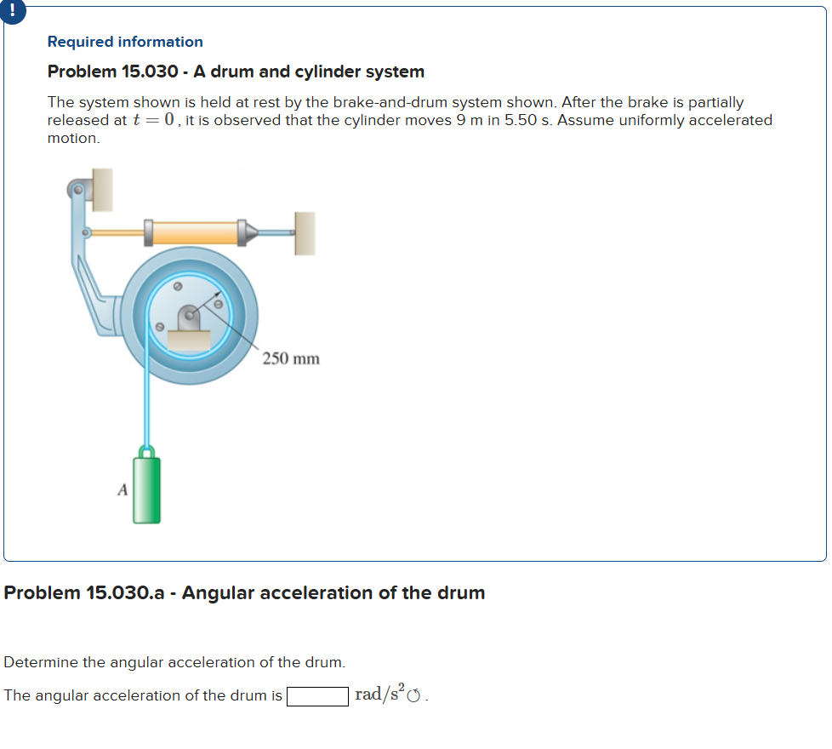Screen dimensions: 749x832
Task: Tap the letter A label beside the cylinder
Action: coord(123,489)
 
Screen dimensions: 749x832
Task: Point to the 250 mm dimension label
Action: coord(291,358)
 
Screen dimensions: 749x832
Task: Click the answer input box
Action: coord(317,696)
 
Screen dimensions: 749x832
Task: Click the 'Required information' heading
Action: coord(125,42)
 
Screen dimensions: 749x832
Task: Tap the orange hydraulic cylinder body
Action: coord(195,232)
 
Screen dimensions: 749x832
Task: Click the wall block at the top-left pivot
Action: coord(102,190)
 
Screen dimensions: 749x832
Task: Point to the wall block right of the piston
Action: coord(304,233)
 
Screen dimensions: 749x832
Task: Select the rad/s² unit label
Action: coord(379,695)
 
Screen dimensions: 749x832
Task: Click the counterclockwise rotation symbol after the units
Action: coord(415,696)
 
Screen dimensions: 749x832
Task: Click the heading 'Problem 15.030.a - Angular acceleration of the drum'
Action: coord(245,592)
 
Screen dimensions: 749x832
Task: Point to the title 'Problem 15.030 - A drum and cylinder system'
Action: coord(236,71)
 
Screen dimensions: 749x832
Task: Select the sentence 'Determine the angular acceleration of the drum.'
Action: coord(174,662)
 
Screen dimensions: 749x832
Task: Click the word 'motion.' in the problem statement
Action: coord(73,138)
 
